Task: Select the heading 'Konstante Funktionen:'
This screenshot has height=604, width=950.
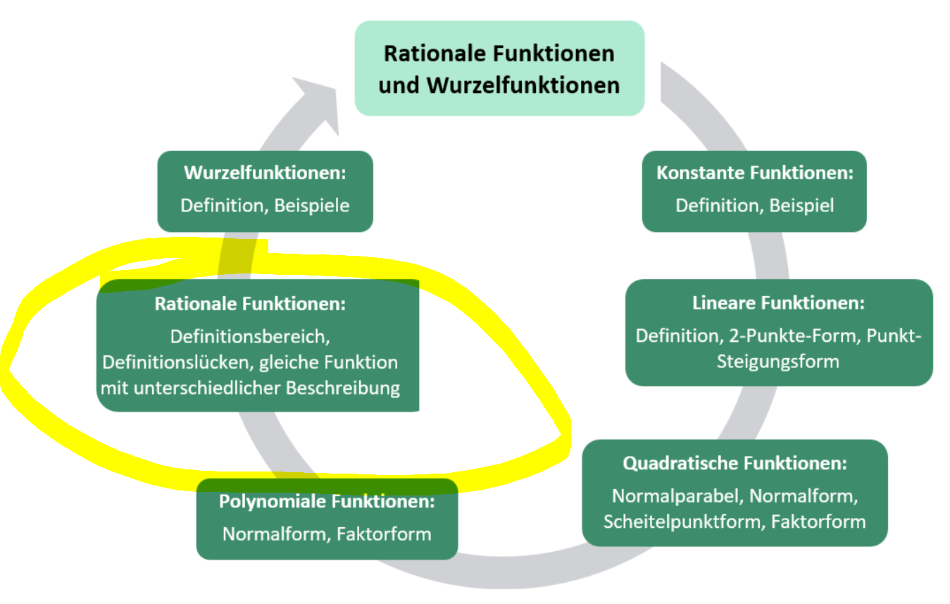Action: [x=754, y=173]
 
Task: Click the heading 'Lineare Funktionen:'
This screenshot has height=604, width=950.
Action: [x=778, y=303]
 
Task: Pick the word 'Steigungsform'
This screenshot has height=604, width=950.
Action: [x=778, y=362]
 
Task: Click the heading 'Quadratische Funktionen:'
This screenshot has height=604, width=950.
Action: [x=735, y=464]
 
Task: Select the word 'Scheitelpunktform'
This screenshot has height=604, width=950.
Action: [x=683, y=522]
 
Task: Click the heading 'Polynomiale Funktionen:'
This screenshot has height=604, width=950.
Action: [x=327, y=502]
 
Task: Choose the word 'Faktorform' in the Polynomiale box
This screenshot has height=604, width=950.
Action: [x=384, y=534]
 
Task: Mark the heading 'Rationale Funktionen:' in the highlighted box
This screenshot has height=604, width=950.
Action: [x=251, y=304]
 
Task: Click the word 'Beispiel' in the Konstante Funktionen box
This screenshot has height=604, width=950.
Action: [x=801, y=205]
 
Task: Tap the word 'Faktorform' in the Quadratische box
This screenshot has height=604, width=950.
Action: [x=818, y=522]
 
